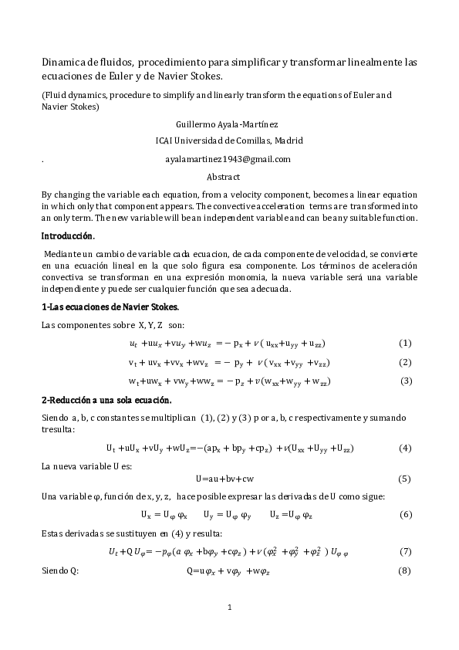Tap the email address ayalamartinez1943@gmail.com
[228, 159]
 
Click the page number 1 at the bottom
[229, 608]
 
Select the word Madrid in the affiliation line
[288, 141]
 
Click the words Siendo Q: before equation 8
[59, 570]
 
